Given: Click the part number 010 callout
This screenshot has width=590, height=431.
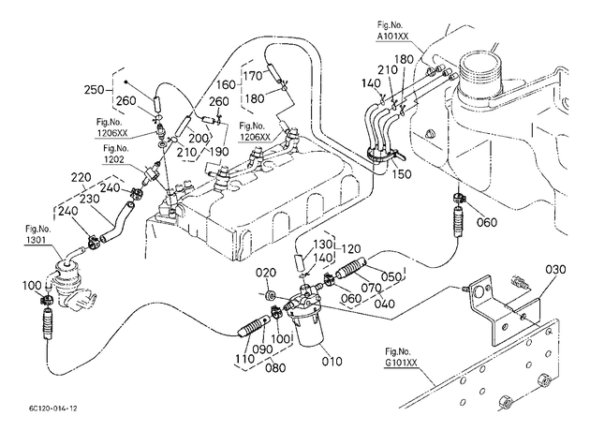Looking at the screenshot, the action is point(332,362).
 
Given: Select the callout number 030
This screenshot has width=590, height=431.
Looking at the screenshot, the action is point(555,270).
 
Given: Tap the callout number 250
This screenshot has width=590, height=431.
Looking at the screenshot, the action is point(94,90).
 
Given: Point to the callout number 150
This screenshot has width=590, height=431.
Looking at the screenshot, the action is point(402,174).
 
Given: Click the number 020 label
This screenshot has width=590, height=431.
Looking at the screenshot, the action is point(266,272).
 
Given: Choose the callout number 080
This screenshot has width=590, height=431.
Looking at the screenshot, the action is point(275,368).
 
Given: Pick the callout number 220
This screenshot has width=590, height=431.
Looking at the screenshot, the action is point(81,177).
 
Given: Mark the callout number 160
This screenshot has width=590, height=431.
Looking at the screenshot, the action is point(226,84).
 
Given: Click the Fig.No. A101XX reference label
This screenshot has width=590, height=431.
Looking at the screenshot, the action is point(392,31).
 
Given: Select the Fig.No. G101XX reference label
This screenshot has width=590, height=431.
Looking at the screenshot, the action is point(401,357).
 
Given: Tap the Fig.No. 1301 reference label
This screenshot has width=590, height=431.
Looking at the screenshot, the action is point(37,234).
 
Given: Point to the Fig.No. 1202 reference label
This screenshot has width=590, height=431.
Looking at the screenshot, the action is point(116,154).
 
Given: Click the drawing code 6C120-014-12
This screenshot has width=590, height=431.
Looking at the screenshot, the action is point(53,409).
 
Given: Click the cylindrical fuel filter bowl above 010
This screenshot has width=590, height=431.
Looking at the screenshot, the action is point(308,331).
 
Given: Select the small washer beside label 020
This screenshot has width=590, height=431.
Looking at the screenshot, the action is point(270,295).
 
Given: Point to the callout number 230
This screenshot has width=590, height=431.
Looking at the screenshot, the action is point(89,199).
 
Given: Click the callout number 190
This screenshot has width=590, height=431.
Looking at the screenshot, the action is point(218,152).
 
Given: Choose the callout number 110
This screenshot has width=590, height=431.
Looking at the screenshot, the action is point(245,358).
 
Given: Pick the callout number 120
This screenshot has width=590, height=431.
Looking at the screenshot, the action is point(350,249).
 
